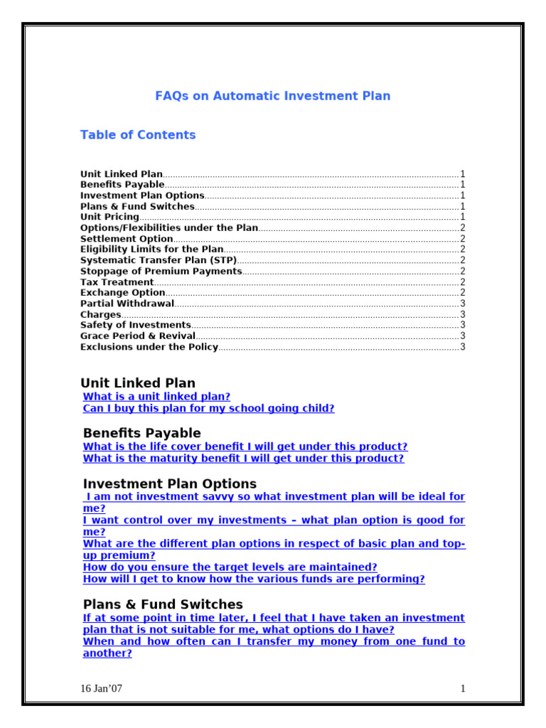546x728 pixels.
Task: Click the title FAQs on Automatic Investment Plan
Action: (x=272, y=96)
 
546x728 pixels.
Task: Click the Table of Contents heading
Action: (x=138, y=135)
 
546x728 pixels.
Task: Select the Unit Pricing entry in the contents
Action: (x=109, y=217)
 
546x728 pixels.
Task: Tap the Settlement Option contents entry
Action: (x=127, y=239)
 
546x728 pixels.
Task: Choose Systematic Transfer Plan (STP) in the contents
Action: (x=158, y=260)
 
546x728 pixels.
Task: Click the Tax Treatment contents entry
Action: (x=117, y=282)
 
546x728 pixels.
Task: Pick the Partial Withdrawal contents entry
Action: (x=127, y=304)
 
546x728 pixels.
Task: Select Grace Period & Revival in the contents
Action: (x=137, y=336)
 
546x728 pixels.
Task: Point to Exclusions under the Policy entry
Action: (x=149, y=347)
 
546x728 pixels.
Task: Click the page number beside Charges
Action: (x=463, y=314)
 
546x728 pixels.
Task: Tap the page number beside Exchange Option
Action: (x=463, y=293)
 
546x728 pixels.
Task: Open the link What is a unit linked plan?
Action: (x=156, y=397)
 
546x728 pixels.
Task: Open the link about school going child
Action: (x=208, y=409)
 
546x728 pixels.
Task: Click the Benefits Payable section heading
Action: (x=141, y=433)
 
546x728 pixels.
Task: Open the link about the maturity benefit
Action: (x=243, y=459)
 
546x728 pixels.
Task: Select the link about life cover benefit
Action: (x=245, y=446)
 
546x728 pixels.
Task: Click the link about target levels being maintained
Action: (x=230, y=567)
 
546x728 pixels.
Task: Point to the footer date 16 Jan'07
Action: (x=101, y=688)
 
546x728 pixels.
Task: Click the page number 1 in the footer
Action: (x=463, y=688)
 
